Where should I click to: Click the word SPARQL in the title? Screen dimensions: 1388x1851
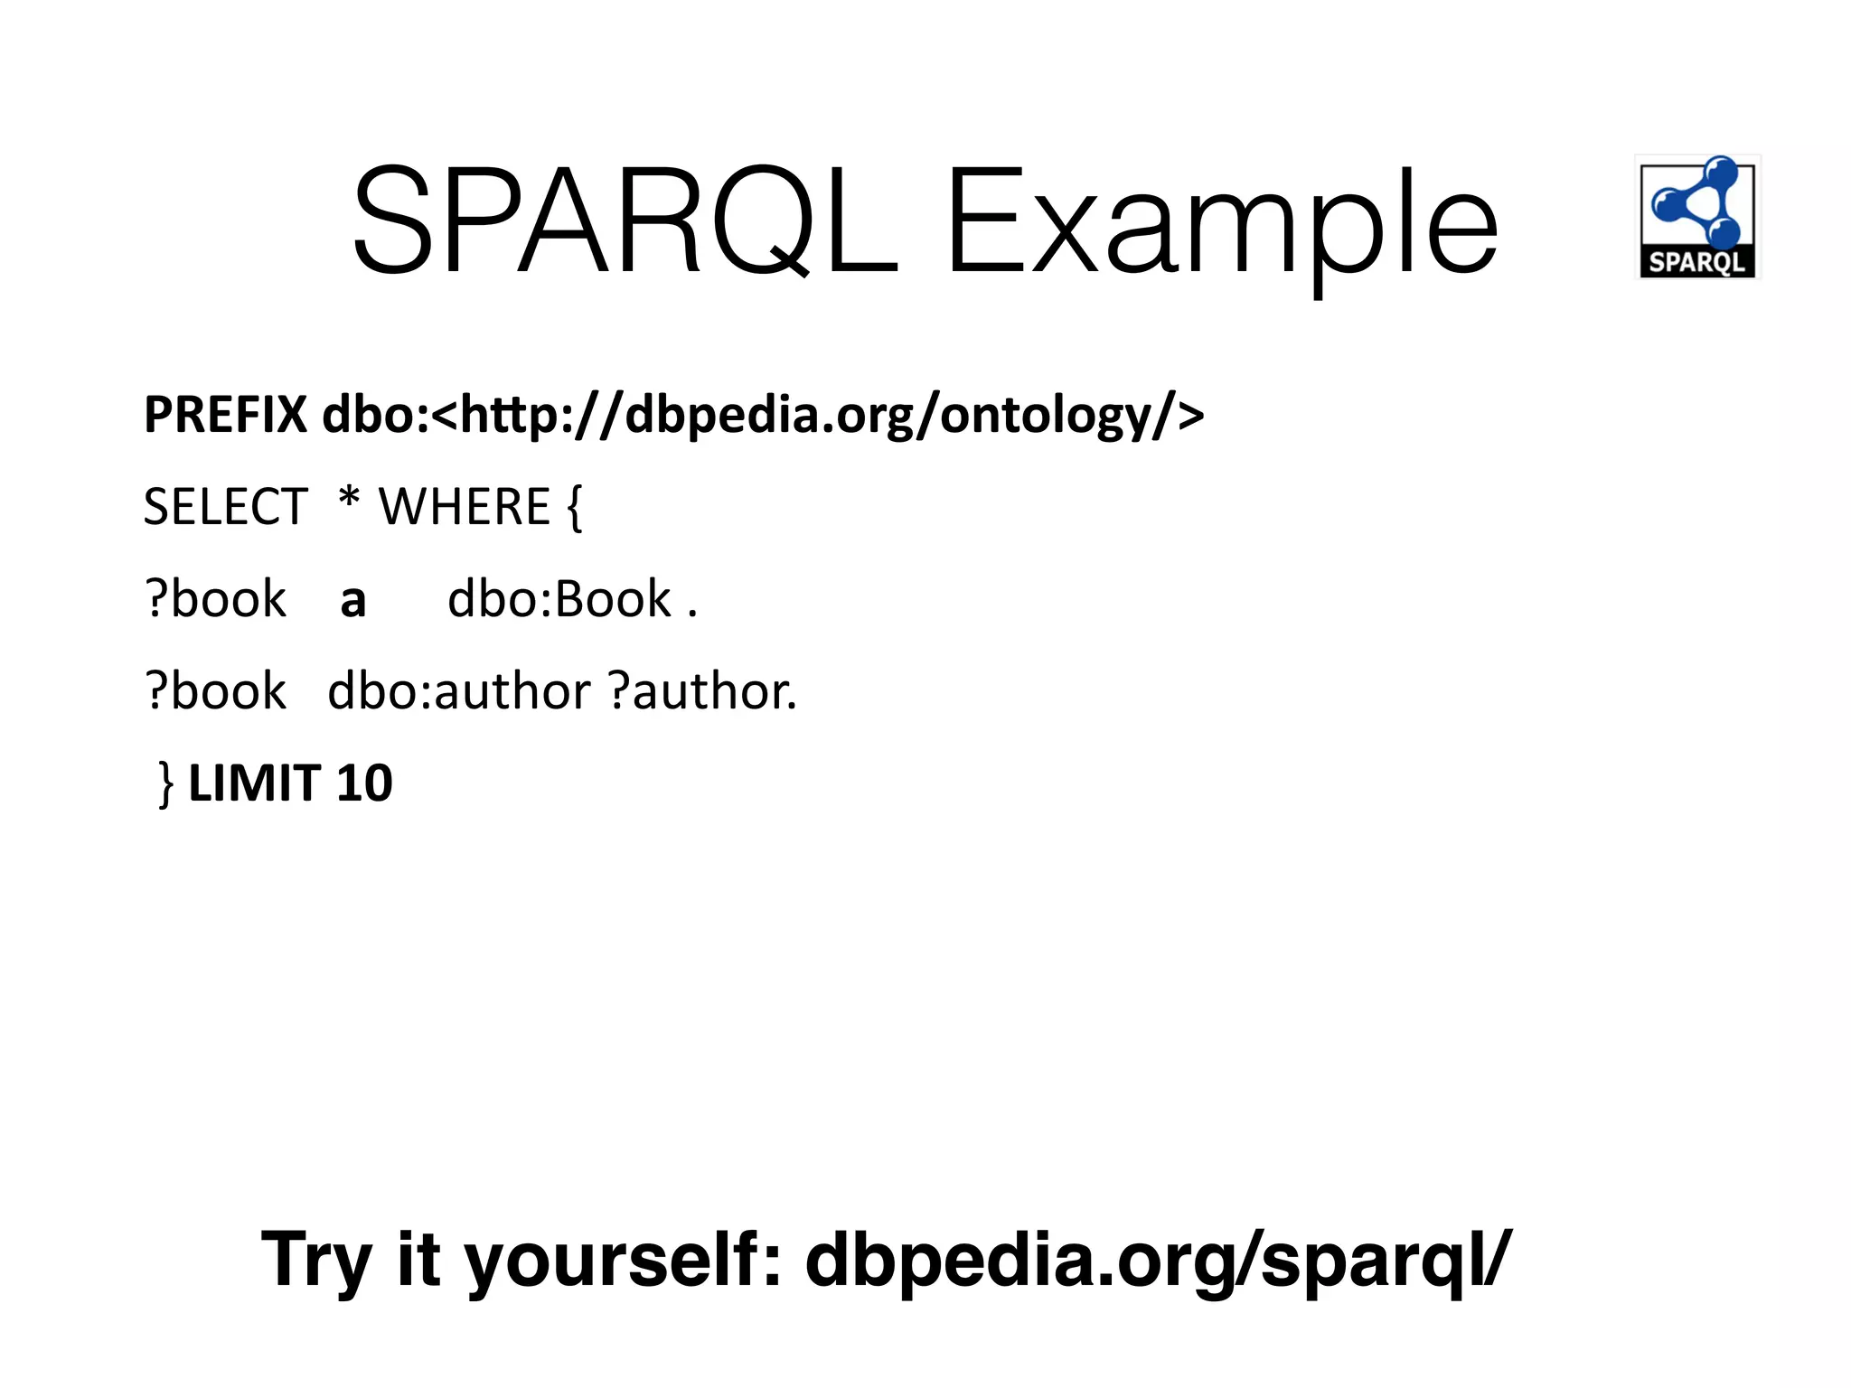coord(625,222)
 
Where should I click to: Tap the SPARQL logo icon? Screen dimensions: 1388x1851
coord(1697,217)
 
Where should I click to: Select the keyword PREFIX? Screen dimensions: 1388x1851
coord(226,415)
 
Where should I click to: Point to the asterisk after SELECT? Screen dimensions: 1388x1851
coord(349,499)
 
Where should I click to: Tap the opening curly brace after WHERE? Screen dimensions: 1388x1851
coord(575,508)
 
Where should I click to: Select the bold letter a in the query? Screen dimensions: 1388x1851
coord(353,600)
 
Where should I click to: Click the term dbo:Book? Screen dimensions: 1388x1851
coord(560,599)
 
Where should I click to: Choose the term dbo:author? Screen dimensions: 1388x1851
coord(459,691)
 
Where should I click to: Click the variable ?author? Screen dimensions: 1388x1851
coord(703,691)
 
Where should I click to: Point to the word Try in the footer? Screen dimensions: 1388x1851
coord(316,1260)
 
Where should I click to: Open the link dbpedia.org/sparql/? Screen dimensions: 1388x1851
coord(1157,1260)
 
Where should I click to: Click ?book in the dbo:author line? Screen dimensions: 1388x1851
coord(216,691)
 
